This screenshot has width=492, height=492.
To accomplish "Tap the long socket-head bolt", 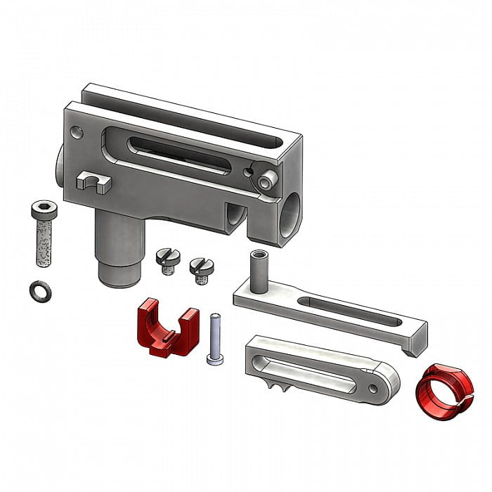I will pos(42,239).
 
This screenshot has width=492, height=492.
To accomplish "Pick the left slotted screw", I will pos(166,260).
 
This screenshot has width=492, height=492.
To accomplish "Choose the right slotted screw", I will pos(200,270).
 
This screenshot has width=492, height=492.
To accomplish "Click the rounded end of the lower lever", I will pos(385,379).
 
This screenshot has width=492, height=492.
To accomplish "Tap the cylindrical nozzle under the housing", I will pos(118,253).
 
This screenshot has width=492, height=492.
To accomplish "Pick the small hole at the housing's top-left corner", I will pos(77,131).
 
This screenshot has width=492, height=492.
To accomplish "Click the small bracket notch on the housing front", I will pos(93,182).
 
